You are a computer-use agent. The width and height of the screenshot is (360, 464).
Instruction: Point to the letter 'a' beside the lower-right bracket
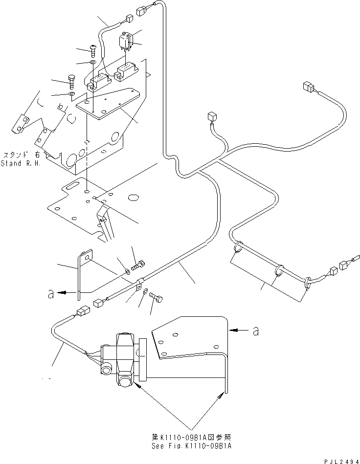(x=256, y=331)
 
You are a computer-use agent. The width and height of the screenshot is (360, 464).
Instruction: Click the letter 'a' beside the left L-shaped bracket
(x=50, y=294)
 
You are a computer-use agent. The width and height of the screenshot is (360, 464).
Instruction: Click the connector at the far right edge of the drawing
(x=343, y=264)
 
